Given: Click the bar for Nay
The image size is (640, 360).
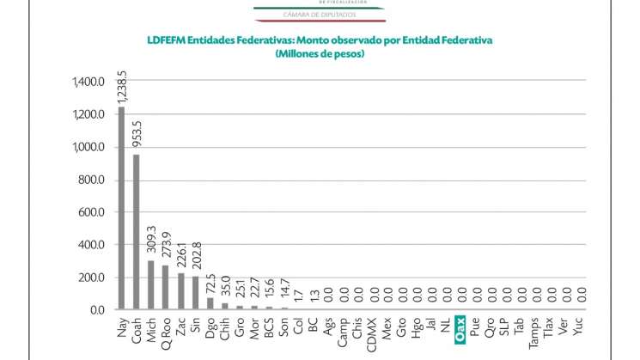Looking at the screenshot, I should pyautogui.click(x=121, y=208).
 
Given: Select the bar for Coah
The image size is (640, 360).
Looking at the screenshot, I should pyautogui.click(x=136, y=232).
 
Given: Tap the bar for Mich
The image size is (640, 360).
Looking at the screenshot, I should pyautogui.click(x=151, y=284).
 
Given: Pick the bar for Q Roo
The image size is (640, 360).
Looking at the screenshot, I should pyautogui.click(x=166, y=287).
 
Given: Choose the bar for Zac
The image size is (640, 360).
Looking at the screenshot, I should pyautogui.click(x=180, y=291).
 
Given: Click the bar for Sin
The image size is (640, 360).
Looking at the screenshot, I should pyautogui.click(x=195, y=293).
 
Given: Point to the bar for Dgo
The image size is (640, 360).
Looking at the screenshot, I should pyautogui.click(x=210, y=303).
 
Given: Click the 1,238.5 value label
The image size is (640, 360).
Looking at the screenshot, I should pyautogui.click(x=122, y=85).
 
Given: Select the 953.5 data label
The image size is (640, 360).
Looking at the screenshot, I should pyautogui.click(x=137, y=135).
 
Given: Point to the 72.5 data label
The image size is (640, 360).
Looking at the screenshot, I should pyautogui.click(x=210, y=283).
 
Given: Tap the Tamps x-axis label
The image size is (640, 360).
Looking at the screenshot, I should pyautogui.click(x=536, y=332).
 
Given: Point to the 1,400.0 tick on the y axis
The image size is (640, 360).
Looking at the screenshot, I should pyautogui.click(x=88, y=82).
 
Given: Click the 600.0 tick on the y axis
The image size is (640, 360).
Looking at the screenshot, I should pyautogui.click(x=91, y=213).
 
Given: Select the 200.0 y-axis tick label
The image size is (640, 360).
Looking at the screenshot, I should pyautogui.click(x=91, y=278).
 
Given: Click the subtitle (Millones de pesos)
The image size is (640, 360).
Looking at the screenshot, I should pyautogui.click(x=320, y=54).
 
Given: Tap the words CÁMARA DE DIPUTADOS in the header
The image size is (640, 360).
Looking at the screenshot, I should pyautogui.click(x=320, y=15).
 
